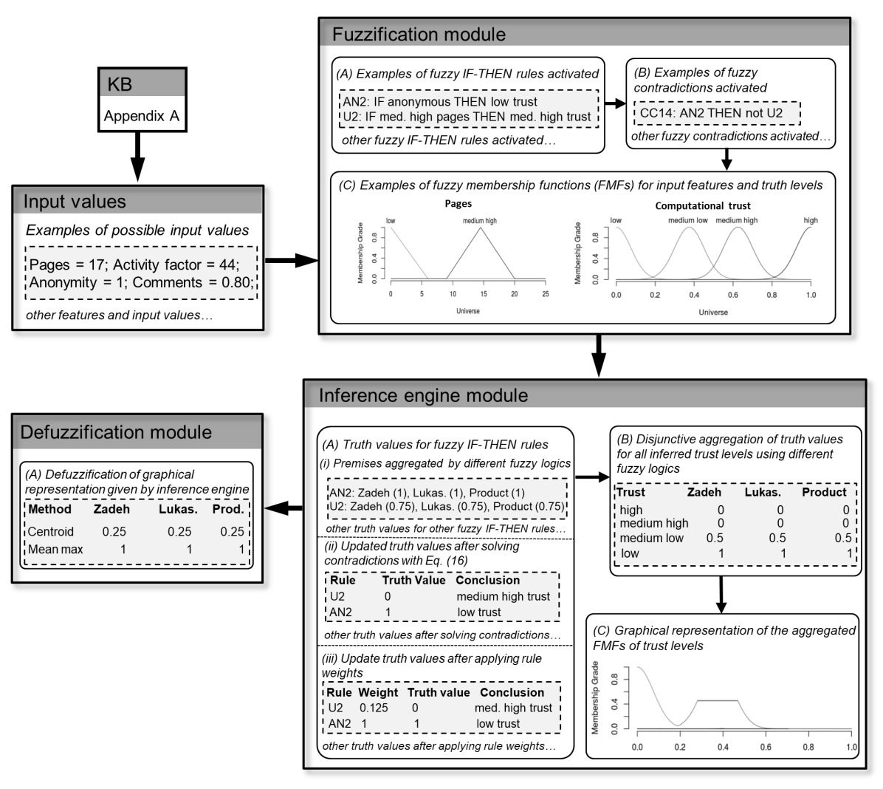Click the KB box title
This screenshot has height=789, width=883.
click(x=120, y=83)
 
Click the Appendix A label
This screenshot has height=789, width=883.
click(x=141, y=116)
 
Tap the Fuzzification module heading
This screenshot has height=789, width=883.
click(x=419, y=35)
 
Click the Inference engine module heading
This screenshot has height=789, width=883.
click(x=423, y=395)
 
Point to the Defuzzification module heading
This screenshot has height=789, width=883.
click(x=116, y=432)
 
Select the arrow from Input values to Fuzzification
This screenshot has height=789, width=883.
click(x=291, y=260)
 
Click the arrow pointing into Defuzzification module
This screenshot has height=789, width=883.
click(x=284, y=508)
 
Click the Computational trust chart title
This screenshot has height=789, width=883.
click(x=702, y=205)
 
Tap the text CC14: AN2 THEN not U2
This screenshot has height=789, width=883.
click(x=711, y=113)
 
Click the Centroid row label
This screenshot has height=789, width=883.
click(x=50, y=531)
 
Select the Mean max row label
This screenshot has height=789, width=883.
click(x=55, y=549)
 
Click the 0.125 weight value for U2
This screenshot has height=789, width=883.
click(x=374, y=708)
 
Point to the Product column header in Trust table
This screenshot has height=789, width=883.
click(x=824, y=492)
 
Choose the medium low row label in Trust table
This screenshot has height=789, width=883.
click(x=652, y=538)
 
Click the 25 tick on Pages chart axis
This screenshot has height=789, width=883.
click(x=545, y=293)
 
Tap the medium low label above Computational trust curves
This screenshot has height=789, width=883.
click(x=688, y=220)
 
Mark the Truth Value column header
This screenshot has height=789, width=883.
click(x=413, y=580)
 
